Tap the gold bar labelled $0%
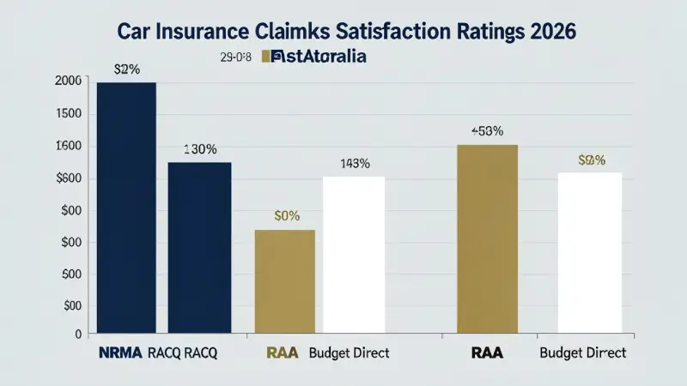pos(285,281)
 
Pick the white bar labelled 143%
pos(354,255)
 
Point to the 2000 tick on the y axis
pos(68,81)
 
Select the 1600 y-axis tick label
pos(68,146)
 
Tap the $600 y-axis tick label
pos(68,178)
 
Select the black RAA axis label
pos(487,353)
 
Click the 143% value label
pos(355,163)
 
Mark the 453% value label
pos(487,131)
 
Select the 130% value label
pos(200,149)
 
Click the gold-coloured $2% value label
pos(592,160)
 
